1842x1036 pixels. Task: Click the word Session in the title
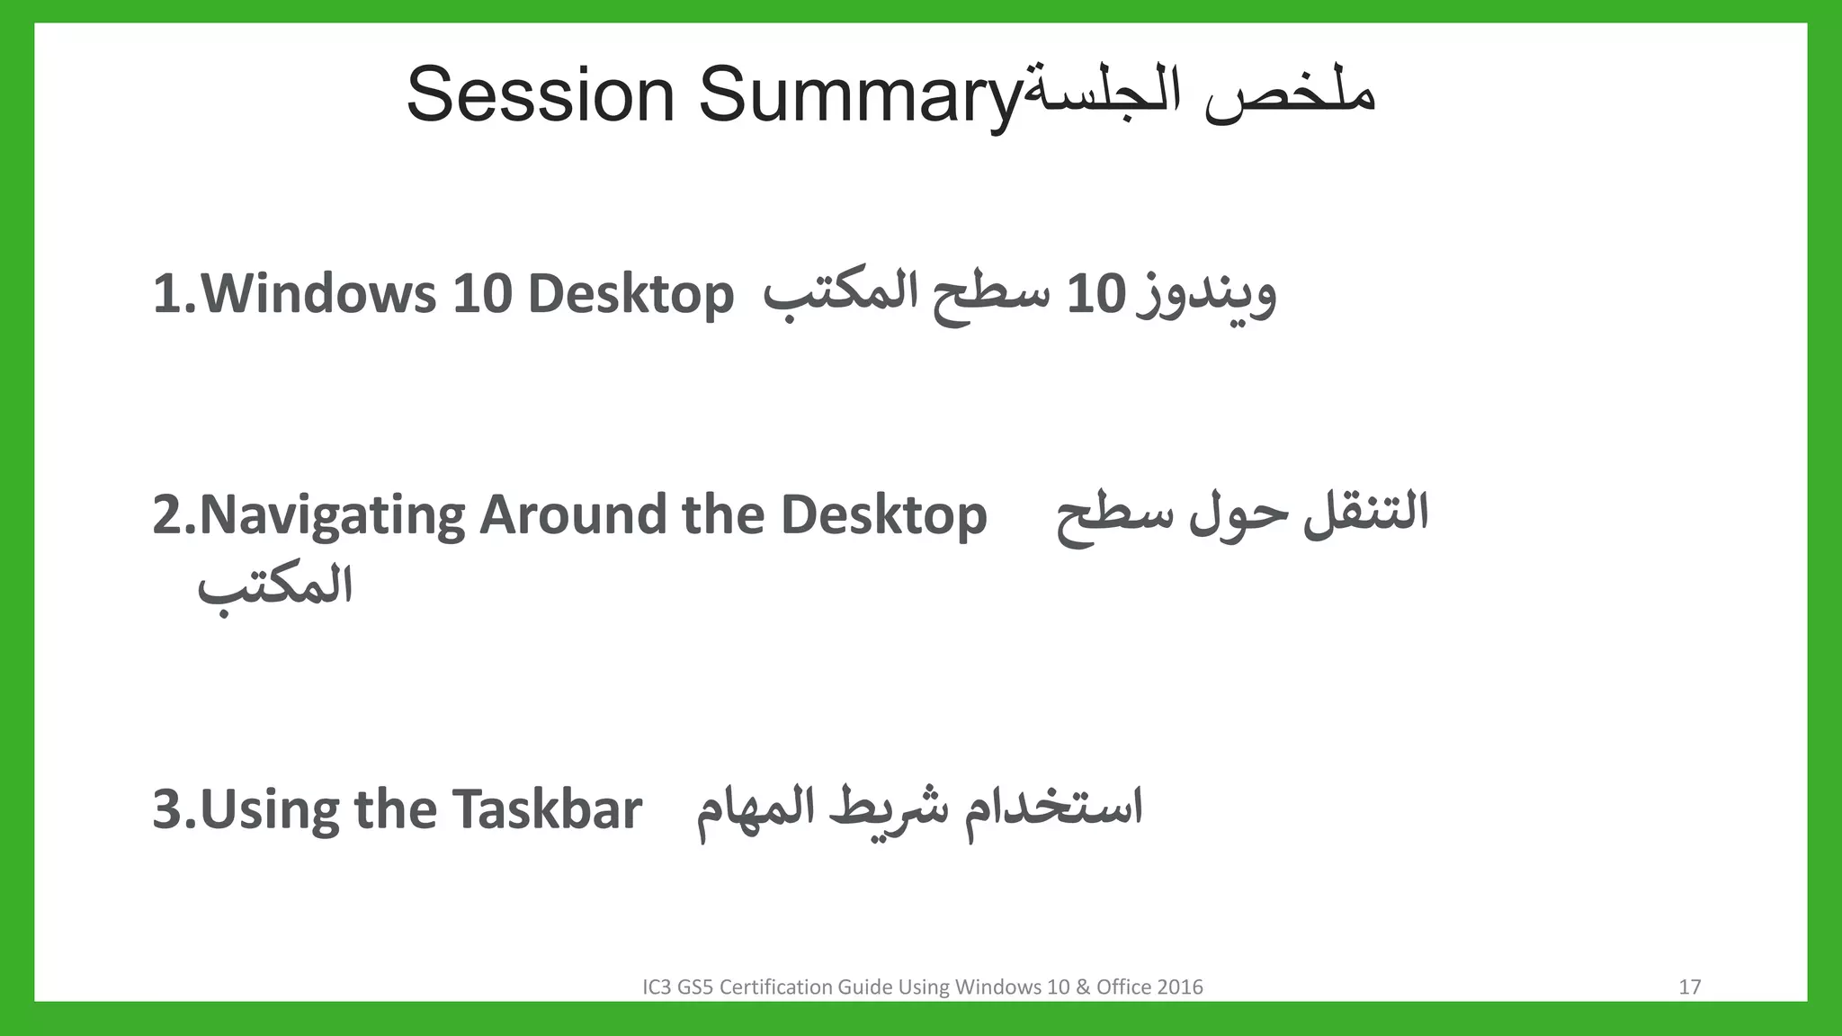540,94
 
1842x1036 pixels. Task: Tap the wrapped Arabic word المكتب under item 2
275,587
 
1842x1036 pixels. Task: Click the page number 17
1689,987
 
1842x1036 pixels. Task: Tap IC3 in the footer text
657,987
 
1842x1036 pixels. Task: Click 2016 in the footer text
1180,987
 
